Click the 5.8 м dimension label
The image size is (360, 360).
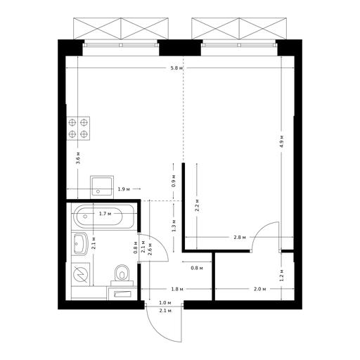[x=176, y=68]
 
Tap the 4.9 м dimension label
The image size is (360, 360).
[x=282, y=141]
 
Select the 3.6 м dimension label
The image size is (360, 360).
[x=78, y=157]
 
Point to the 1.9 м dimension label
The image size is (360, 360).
[x=124, y=189]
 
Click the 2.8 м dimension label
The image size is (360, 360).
[x=240, y=237]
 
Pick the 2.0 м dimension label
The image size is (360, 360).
[x=260, y=289]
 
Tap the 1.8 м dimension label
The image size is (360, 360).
[x=177, y=289]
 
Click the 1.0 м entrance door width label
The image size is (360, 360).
[x=165, y=303]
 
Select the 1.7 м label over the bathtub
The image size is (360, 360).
[x=105, y=214]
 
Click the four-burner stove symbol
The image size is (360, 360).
[x=78, y=128]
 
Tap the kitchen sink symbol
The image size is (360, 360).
[x=102, y=187]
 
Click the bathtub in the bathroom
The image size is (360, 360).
[x=103, y=217]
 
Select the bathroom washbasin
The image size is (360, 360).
[x=79, y=243]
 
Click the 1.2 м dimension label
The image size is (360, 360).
[x=282, y=275]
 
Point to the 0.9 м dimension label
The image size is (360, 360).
[x=174, y=181]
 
